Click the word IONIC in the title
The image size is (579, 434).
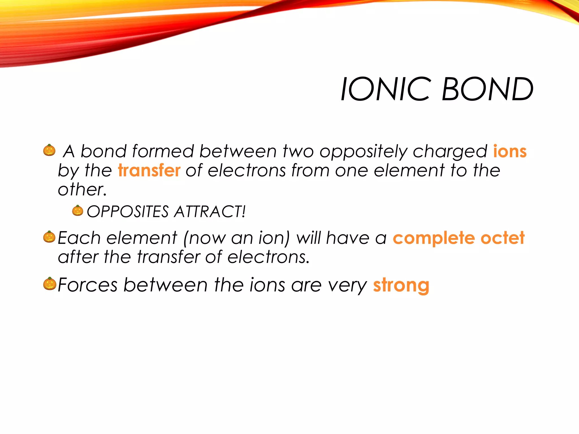[x=386, y=89]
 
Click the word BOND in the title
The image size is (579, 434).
[x=487, y=89]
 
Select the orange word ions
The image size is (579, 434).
[x=510, y=151]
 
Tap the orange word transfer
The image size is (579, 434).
[x=149, y=170]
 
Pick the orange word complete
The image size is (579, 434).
[x=434, y=238]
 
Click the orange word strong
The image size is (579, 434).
[x=401, y=285]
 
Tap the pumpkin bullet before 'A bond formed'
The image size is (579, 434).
[x=49, y=150]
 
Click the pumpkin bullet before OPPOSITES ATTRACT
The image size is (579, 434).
[x=77, y=211]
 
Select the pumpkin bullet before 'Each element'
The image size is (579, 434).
[x=49, y=237]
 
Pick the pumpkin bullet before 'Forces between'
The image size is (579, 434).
[x=50, y=284]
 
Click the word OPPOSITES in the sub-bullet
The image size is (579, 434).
[x=128, y=212]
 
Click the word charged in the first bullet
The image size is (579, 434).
[x=450, y=152]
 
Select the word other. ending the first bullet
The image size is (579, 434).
[x=82, y=189]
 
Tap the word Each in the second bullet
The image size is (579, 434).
[x=79, y=238]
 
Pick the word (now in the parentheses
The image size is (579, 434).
[x=204, y=238]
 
